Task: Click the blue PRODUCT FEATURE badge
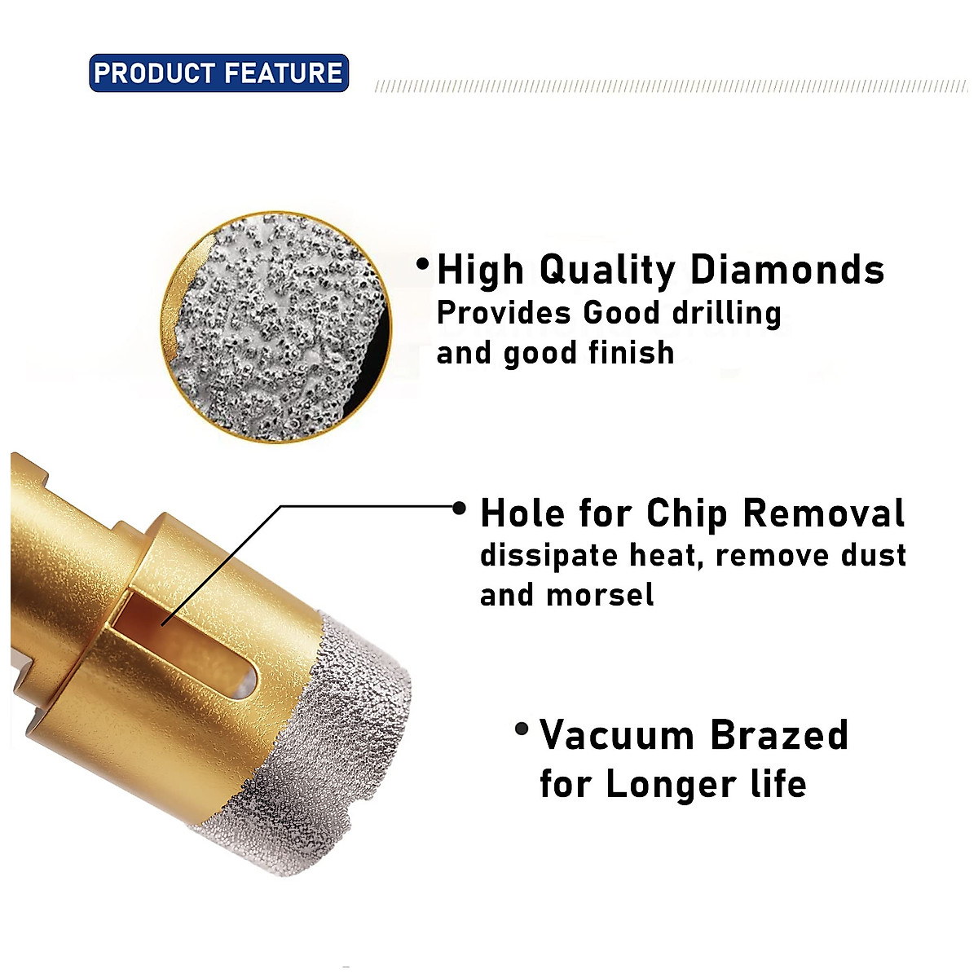pos(218,73)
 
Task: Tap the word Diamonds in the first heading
pos(787,270)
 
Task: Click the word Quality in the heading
pos(607,270)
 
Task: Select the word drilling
pos(725,314)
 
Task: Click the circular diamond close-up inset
pos(275,327)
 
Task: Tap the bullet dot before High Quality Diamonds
pos(422,264)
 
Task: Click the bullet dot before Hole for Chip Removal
pos(460,509)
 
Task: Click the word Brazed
pos(779,735)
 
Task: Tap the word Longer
pos(671,784)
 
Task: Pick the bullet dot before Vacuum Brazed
pos(522,729)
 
